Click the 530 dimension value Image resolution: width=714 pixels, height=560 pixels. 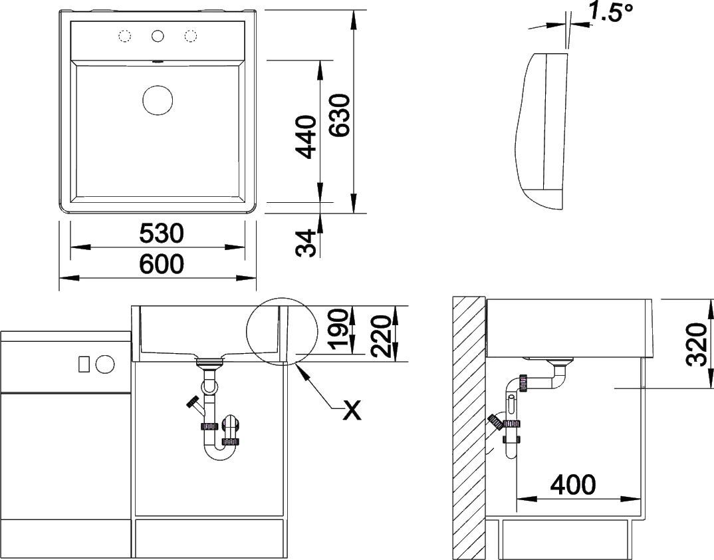[161, 233]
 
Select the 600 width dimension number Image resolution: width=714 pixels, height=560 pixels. [161, 264]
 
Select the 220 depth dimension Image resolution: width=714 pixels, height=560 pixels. [381, 337]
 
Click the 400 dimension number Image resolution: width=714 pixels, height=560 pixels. [573, 484]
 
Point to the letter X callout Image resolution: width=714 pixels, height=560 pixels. [352, 410]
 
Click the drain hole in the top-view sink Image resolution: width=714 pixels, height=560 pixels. [158, 100]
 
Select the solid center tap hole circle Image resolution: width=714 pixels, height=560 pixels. [158, 36]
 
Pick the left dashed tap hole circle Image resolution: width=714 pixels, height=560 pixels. [125, 36]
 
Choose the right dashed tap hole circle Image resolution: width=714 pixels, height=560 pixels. [190, 36]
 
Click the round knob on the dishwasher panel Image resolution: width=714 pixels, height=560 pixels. [105, 364]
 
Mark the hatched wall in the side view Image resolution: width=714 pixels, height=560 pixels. [469, 428]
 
